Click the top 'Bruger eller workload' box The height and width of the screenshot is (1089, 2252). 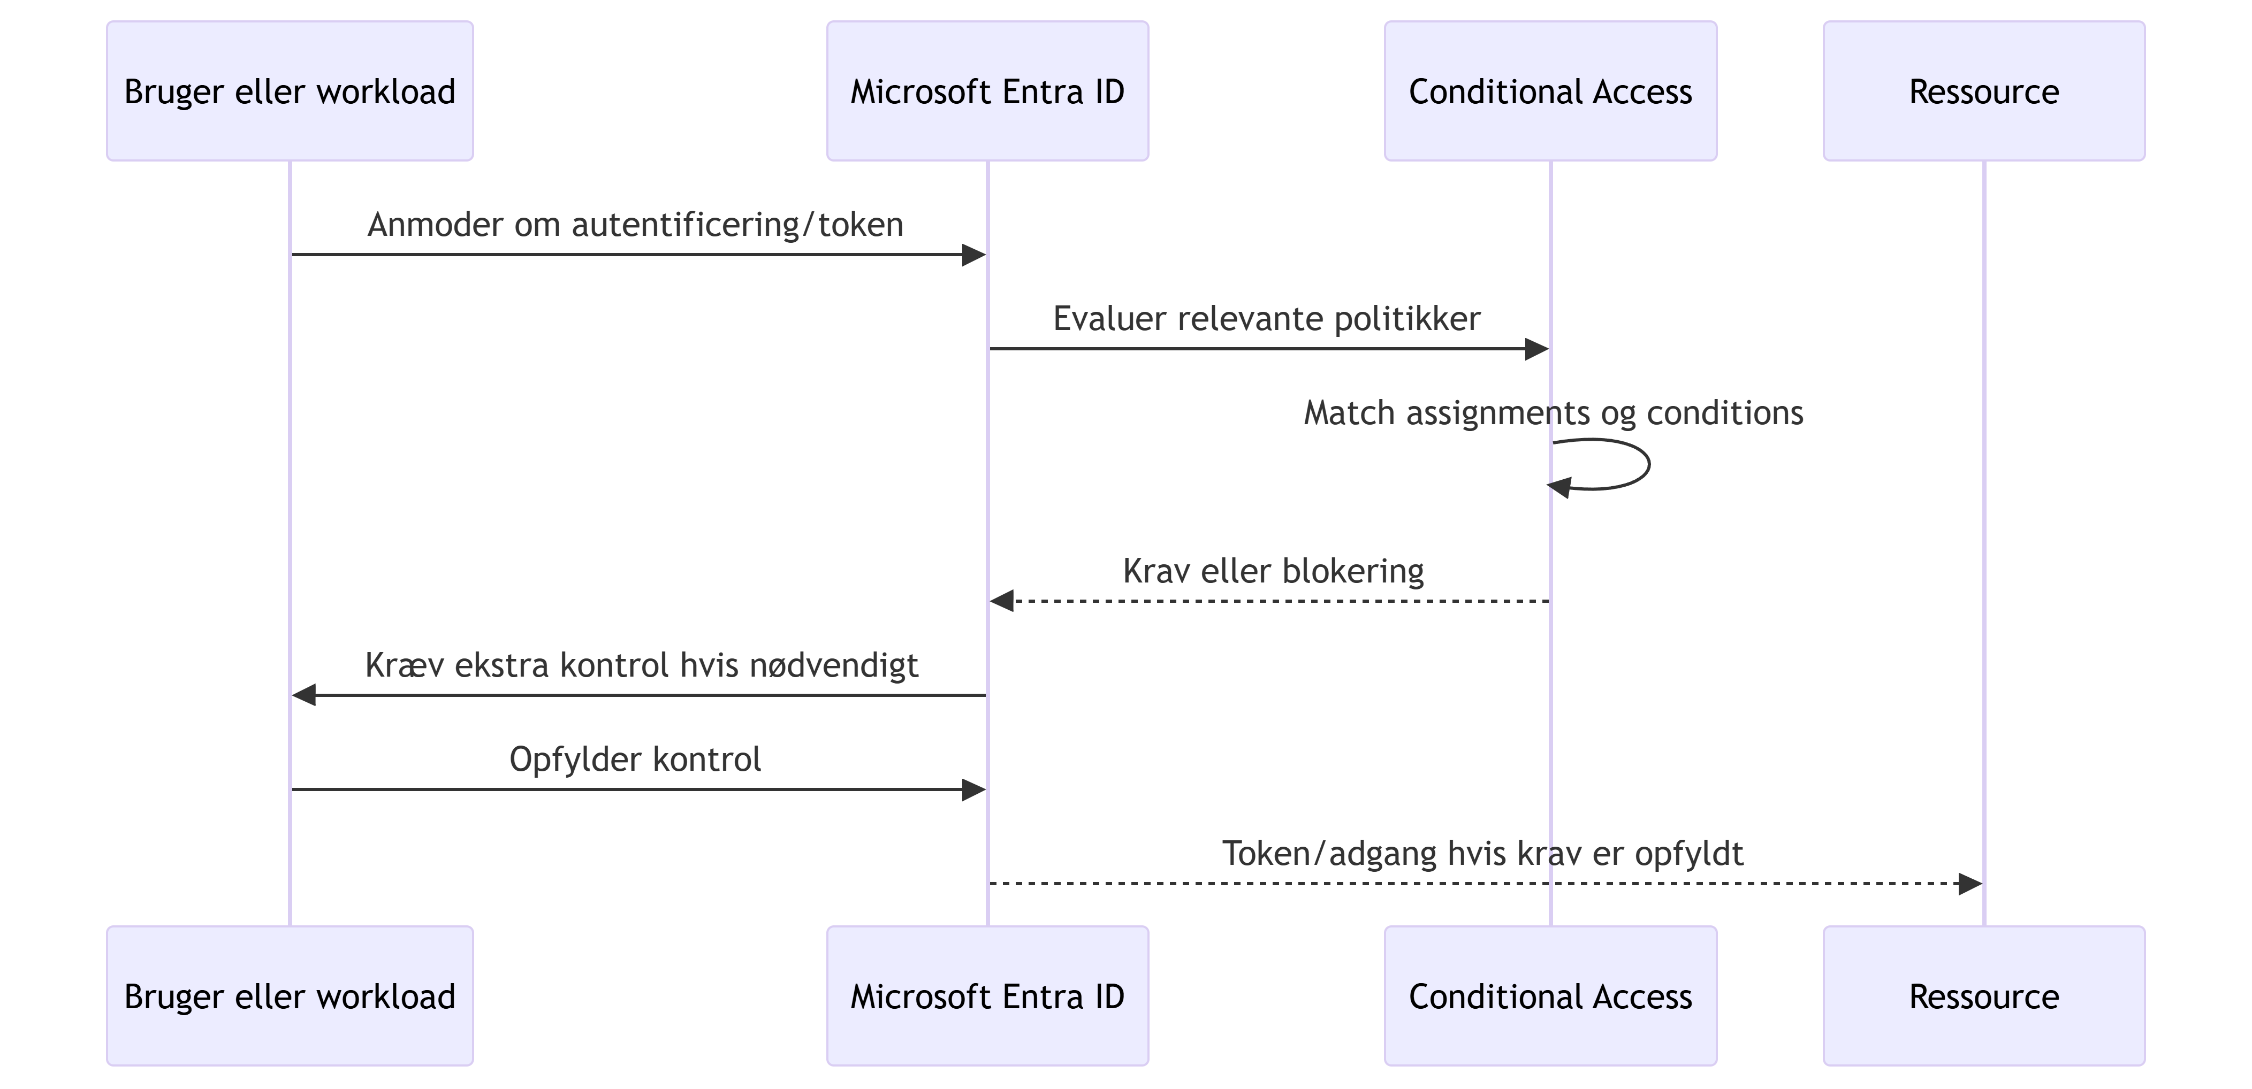click(x=290, y=91)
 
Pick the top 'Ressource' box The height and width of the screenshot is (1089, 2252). click(x=1984, y=91)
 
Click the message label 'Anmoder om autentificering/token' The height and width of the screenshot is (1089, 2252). click(x=636, y=225)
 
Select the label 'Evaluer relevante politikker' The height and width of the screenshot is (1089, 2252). click(x=1267, y=318)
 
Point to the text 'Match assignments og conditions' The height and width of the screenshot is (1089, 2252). click(x=1554, y=412)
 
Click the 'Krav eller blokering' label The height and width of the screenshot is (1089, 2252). click(x=1274, y=571)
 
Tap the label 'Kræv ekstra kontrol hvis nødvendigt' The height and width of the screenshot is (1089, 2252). click(x=642, y=665)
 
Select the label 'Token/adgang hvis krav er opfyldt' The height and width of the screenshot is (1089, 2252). click(x=1482, y=853)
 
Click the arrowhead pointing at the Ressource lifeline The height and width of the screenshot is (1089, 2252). click(x=1970, y=884)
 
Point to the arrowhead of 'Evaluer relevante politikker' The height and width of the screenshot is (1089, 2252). click(x=1537, y=349)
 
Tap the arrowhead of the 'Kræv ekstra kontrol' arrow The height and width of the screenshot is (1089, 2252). click(x=304, y=695)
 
